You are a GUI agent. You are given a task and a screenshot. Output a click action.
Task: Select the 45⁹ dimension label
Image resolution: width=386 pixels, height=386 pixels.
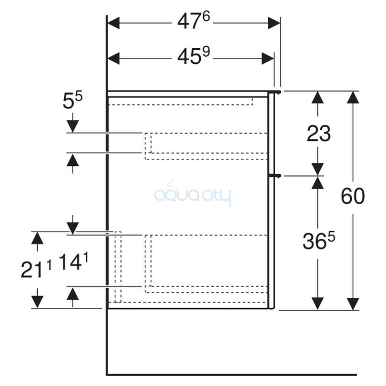pyautogui.click(x=193, y=56)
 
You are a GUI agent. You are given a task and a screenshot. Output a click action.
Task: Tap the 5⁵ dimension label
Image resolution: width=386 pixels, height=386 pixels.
pyautogui.click(x=72, y=100)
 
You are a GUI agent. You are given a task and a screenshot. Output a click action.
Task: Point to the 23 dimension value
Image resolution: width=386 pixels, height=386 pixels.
pyautogui.click(x=318, y=134)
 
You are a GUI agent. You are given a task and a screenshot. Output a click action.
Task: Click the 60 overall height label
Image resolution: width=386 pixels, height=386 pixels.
pyautogui.click(x=353, y=196)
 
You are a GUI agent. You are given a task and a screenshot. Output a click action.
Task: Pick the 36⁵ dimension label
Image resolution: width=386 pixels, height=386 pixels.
pyautogui.click(x=319, y=240)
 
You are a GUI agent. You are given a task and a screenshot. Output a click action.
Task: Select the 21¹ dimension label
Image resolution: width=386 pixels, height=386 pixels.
pyautogui.click(x=36, y=269)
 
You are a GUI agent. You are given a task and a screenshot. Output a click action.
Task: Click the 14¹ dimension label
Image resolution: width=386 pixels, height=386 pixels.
pyautogui.click(x=73, y=262)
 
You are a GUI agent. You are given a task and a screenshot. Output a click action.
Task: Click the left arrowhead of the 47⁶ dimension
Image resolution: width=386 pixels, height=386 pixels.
pyautogui.click(x=114, y=23)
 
